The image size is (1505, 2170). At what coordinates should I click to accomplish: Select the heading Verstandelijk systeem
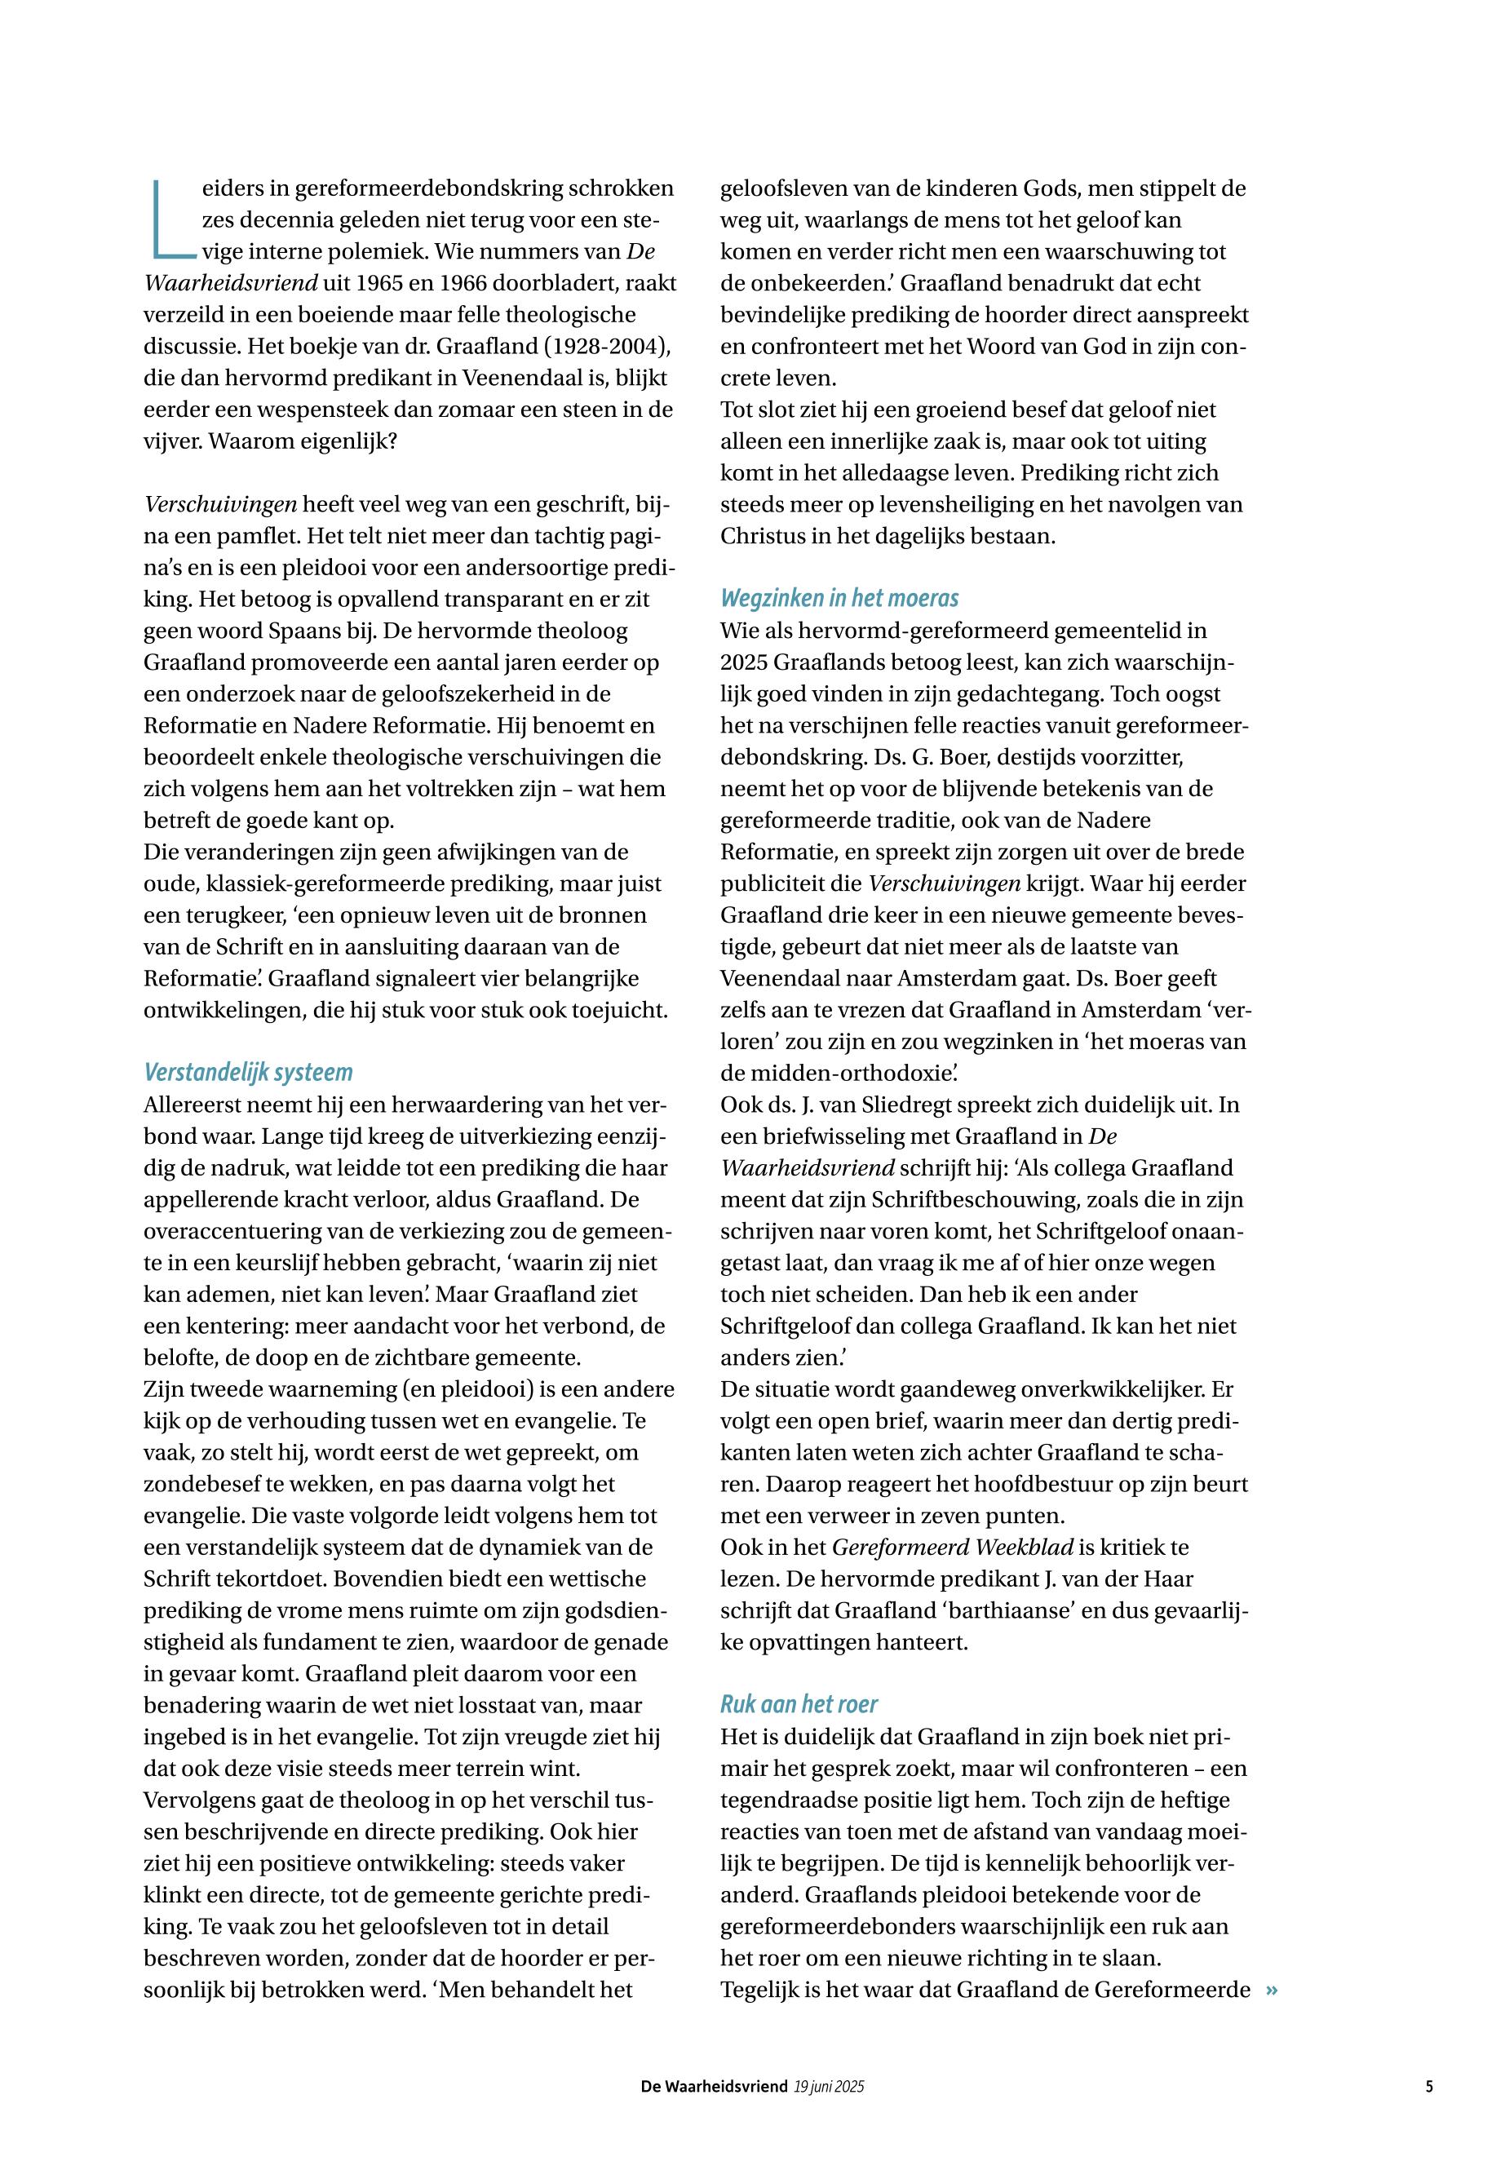coord(248,1072)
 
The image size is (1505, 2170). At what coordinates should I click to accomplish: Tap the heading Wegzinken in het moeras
coord(839,598)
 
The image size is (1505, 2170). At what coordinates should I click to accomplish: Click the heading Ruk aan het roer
coord(799,1704)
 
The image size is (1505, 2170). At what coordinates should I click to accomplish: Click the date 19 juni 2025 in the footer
coord(829,2087)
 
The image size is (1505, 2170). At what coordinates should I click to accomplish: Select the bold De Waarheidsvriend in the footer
coord(714,2087)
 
